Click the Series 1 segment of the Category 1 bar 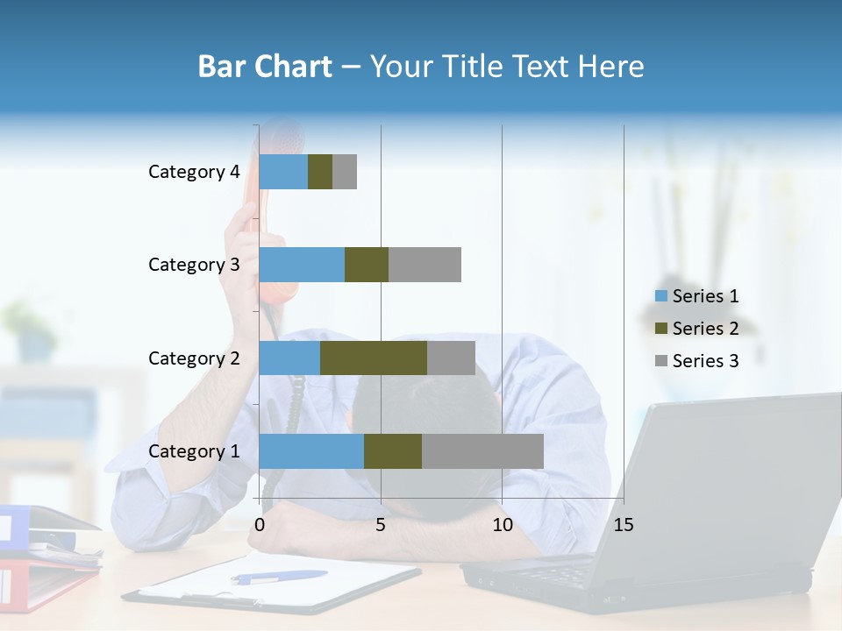point(311,451)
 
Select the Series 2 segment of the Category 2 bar point(374,358)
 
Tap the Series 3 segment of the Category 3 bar point(425,265)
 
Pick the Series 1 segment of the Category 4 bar point(283,172)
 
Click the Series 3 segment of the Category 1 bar point(482,451)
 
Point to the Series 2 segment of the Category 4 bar point(320,172)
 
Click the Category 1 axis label point(194,451)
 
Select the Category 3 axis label point(194,265)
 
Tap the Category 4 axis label point(194,172)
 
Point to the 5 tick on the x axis point(381,525)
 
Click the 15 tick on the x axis point(624,525)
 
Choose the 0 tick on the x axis point(260,525)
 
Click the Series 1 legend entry point(705,296)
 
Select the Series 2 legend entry point(705,329)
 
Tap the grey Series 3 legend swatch point(661,361)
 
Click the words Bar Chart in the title point(265,67)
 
